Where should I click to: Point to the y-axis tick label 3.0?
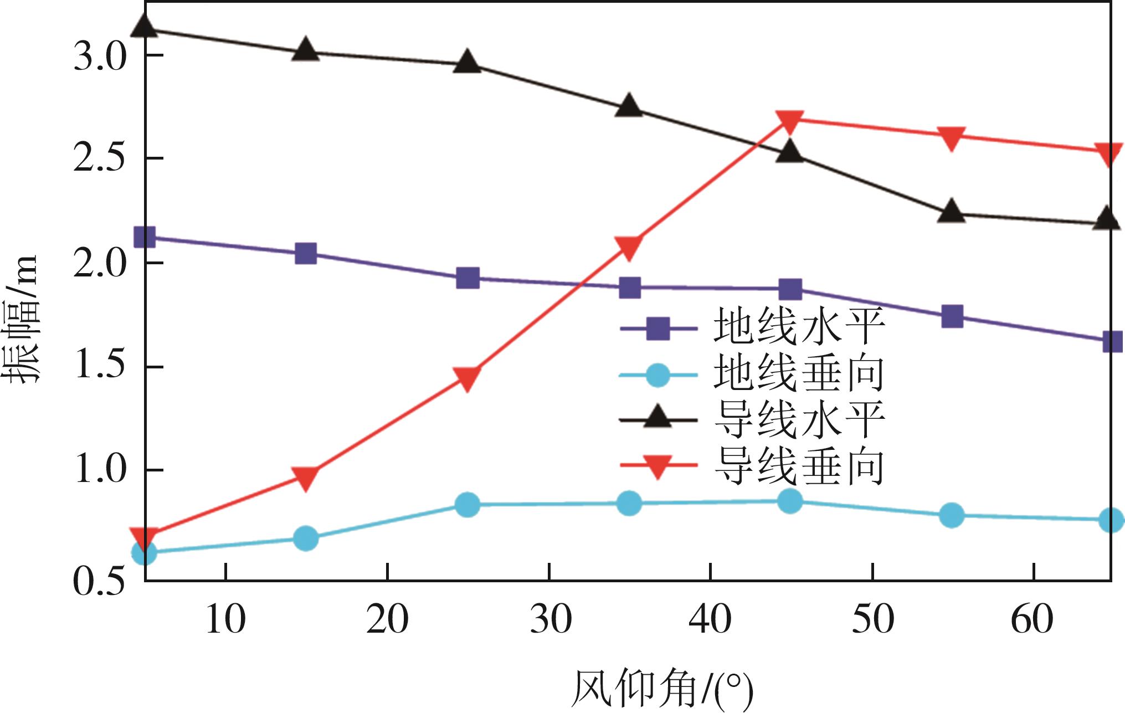(100, 57)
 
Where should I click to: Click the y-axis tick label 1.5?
(100, 366)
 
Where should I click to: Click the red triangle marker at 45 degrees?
(790, 121)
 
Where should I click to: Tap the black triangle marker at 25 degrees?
(468, 62)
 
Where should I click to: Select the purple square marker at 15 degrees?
(306, 254)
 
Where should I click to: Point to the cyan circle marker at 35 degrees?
(629, 503)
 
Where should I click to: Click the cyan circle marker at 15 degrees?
(306, 538)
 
